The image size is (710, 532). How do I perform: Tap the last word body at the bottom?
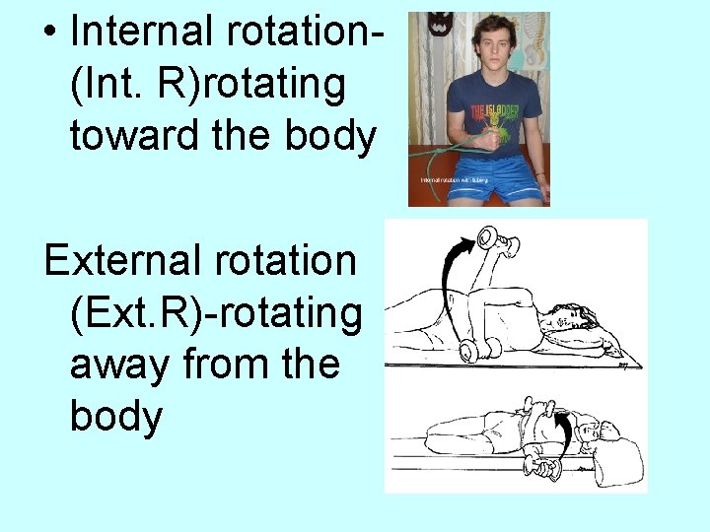click(116, 417)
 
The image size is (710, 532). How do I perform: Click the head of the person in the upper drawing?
click(577, 318)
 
